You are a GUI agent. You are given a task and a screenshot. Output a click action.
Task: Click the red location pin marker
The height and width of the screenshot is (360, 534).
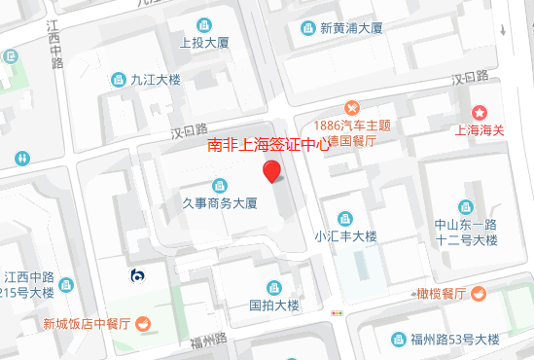(x=273, y=172)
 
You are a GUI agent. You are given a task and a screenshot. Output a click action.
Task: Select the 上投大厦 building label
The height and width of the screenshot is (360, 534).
(x=204, y=43)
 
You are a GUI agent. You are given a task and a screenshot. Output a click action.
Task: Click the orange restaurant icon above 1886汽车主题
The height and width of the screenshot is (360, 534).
(x=352, y=107)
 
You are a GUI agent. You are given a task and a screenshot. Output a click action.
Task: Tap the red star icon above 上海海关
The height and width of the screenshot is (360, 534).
(x=480, y=114)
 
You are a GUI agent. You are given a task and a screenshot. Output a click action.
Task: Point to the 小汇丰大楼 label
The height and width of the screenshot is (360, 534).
(x=344, y=236)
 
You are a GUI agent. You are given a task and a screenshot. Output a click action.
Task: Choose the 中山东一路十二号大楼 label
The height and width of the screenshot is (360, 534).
(x=466, y=232)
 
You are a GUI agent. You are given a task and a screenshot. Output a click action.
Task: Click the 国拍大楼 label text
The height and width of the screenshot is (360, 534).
(x=273, y=304)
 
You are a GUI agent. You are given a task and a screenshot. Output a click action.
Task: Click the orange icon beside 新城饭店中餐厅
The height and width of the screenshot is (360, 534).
(x=142, y=323)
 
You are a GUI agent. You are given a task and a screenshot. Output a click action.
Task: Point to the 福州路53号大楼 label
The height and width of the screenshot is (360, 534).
(x=453, y=339)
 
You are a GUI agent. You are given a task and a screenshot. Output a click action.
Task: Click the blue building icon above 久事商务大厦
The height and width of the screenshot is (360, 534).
(x=220, y=185)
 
